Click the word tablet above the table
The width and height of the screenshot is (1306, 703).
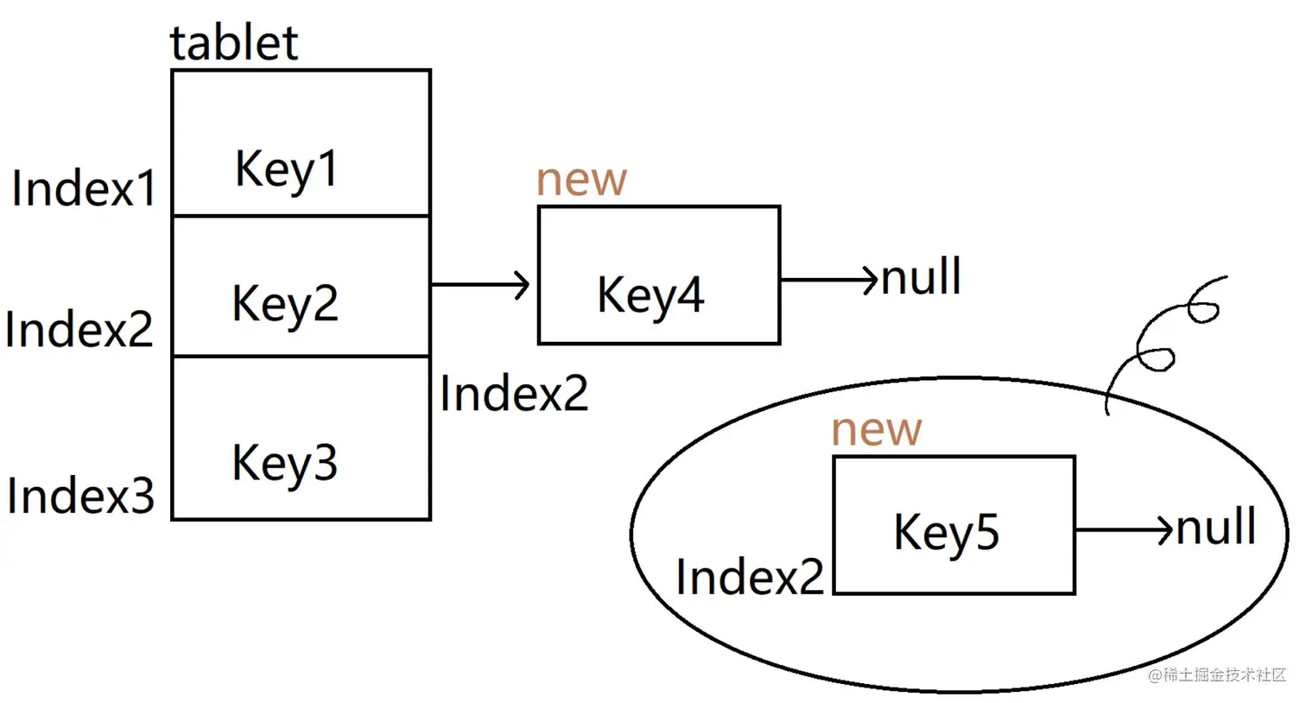[233, 43]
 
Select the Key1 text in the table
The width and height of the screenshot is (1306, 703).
[286, 168]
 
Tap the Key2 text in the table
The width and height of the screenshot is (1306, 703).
[284, 304]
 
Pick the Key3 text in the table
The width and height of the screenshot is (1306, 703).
[284, 463]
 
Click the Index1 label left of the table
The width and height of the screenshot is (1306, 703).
[84, 187]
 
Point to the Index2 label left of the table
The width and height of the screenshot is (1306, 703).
[79, 329]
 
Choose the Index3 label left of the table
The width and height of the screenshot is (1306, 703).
[80, 496]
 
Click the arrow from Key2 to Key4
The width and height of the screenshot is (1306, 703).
[480, 284]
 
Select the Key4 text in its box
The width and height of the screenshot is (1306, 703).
[650, 295]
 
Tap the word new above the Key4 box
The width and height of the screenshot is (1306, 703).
[580, 180]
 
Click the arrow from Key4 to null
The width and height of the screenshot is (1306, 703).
[828, 280]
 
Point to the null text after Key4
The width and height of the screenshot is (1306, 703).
[921, 277]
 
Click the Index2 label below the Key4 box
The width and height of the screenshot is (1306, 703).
[514, 394]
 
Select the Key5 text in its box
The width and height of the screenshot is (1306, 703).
[946, 532]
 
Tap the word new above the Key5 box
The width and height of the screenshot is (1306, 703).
[876, 429]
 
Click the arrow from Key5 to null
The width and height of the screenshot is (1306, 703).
[1124, 529]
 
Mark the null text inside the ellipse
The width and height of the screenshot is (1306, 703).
[1216, 527]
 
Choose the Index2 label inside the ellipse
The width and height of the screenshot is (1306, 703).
[749, 577]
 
